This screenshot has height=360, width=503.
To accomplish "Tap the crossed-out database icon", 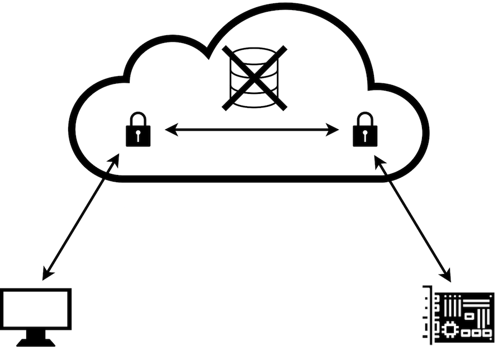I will (x=254, y=77).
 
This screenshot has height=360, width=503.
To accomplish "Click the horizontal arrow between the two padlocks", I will (x=251, y=130).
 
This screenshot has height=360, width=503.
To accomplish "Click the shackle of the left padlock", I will (x=138, y=119).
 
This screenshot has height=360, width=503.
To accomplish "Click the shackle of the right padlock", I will (x=365, y=119).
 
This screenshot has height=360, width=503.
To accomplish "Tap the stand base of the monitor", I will (x=36, y=342).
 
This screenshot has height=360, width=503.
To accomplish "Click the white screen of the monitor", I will (x=36, y=309).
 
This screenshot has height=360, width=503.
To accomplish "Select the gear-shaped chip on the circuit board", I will (x=448, y=330).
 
